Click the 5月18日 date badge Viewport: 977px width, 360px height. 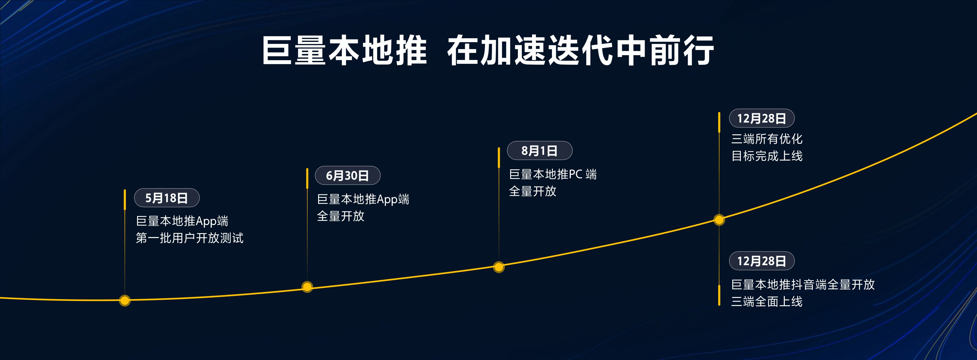(167, 198)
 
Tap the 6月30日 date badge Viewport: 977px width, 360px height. (347, 175)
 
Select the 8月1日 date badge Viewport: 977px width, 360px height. (539, 151)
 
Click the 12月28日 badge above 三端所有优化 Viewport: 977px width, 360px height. (761, 118)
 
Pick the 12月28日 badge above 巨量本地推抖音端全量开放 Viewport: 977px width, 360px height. (761, 261)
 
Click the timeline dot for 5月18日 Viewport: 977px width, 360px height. (125, 300)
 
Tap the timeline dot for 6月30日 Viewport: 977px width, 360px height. (307, 287)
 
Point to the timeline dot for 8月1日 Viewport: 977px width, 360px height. (499, 267)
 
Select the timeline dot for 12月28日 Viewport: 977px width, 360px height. (719, 220)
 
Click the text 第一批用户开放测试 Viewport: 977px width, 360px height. (189, 238)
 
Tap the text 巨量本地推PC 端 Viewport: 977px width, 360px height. (553, 174)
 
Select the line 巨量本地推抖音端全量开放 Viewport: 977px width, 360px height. (803, 284)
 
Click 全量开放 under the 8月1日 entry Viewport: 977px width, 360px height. (533, 191)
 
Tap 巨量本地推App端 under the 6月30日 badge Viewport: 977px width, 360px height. (363, 199)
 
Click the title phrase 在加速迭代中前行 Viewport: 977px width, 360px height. (580, 50)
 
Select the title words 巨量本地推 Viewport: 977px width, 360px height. (344, 50)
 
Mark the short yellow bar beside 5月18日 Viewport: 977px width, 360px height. (125, 199)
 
